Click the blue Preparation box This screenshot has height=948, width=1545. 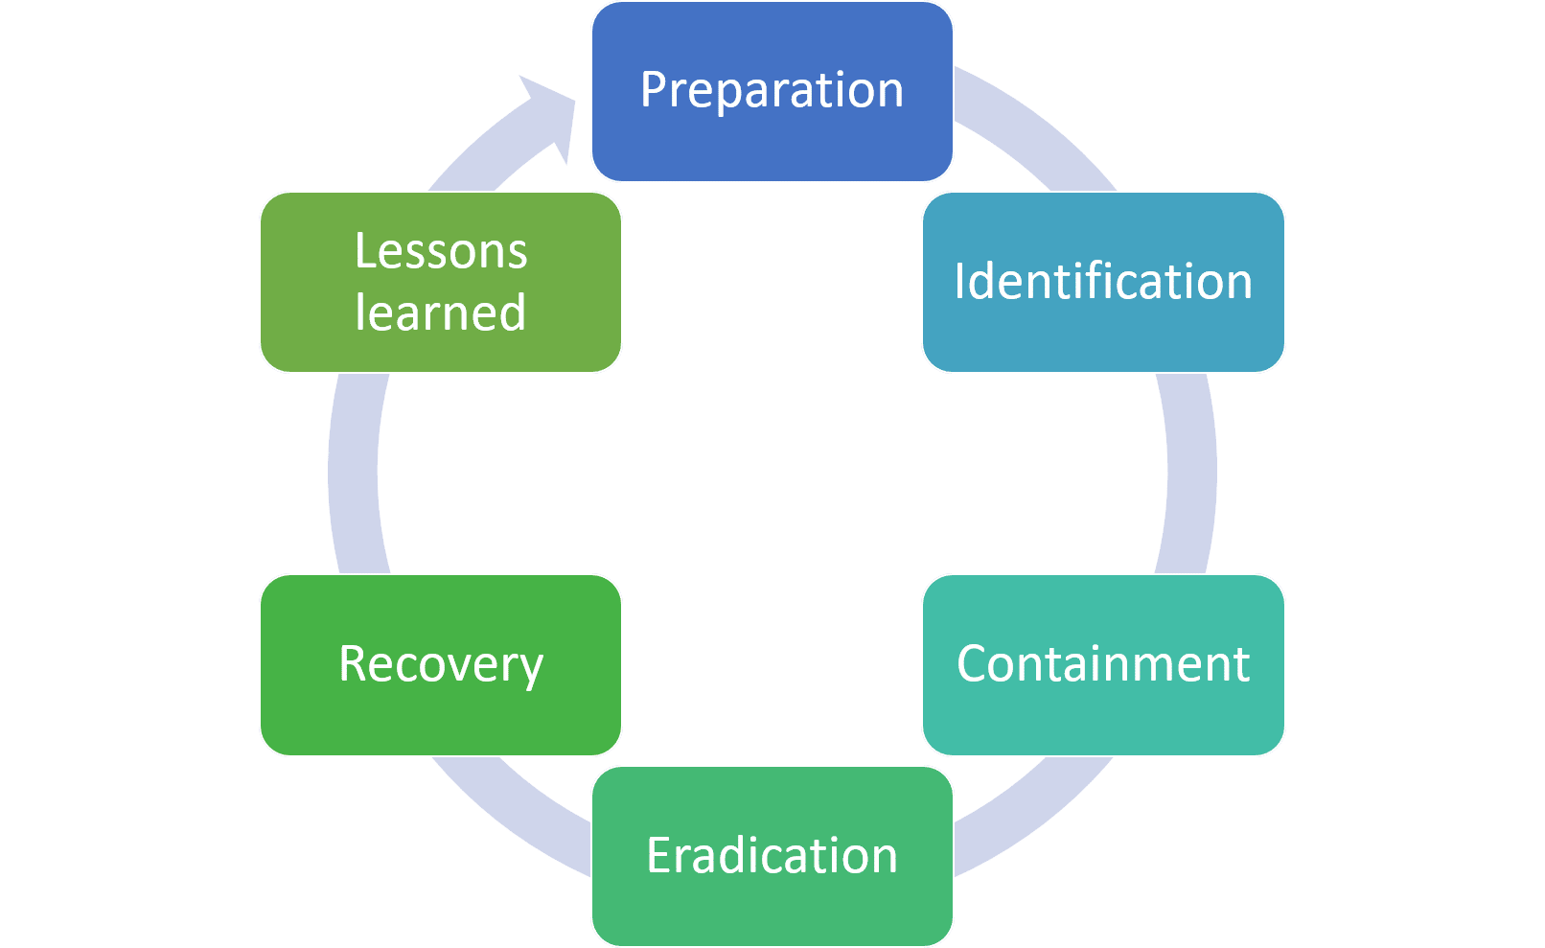click(x=772, y=91)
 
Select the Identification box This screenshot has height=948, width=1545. click(x=1103, y=282)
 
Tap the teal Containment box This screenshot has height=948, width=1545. click(x=1103, y=665)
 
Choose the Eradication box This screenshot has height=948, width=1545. click(x=772, y=856)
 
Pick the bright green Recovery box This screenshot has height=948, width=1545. click(x=441, y=665)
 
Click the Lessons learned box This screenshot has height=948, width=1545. click(x=441, y=282)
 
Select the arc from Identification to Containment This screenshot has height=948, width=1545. click(x=1191, y=474)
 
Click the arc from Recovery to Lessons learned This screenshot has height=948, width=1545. click(x=353, y=474)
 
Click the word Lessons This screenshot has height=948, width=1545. click(x=442, y=251)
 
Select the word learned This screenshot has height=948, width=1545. click(x=440, y=312)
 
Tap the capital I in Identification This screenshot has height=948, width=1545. click(x=959, y=282)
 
